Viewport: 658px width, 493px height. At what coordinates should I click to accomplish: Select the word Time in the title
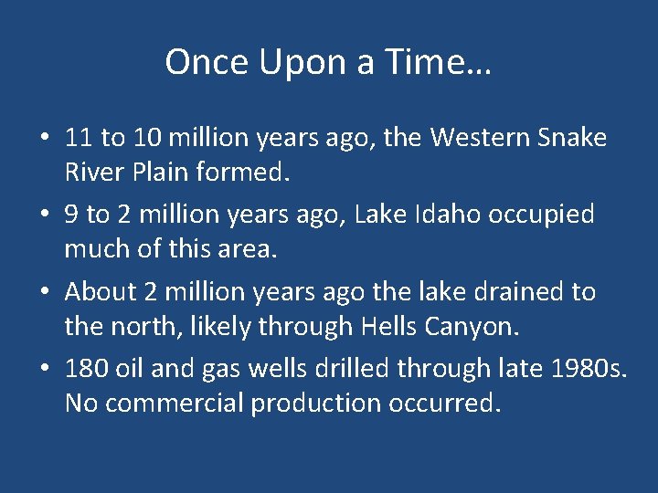(437, 62)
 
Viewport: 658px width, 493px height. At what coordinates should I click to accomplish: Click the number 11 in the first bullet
(79, 138)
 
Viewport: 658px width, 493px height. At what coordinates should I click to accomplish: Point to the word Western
(473, 138)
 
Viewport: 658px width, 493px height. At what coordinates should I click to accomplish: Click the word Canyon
(473, 326)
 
